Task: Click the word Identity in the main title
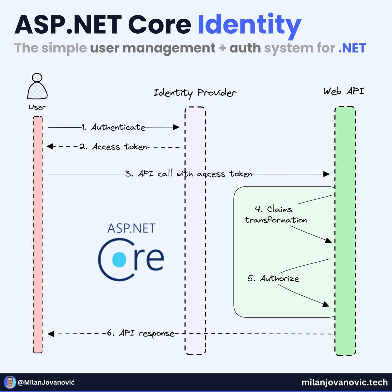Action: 249,25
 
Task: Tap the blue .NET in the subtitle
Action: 352,48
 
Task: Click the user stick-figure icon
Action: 37,87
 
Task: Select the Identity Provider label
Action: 195,93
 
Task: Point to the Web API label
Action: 344,91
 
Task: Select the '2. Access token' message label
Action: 114,147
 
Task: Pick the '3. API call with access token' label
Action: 189,174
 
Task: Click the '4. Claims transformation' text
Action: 276,215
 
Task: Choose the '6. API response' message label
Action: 141,334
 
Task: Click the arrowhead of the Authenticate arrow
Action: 176,127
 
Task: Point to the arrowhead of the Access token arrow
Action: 50,147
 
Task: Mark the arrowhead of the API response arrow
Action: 51,334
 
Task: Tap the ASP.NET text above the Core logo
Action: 131,228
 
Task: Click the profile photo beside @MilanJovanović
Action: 10,382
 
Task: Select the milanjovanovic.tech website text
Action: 345,382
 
